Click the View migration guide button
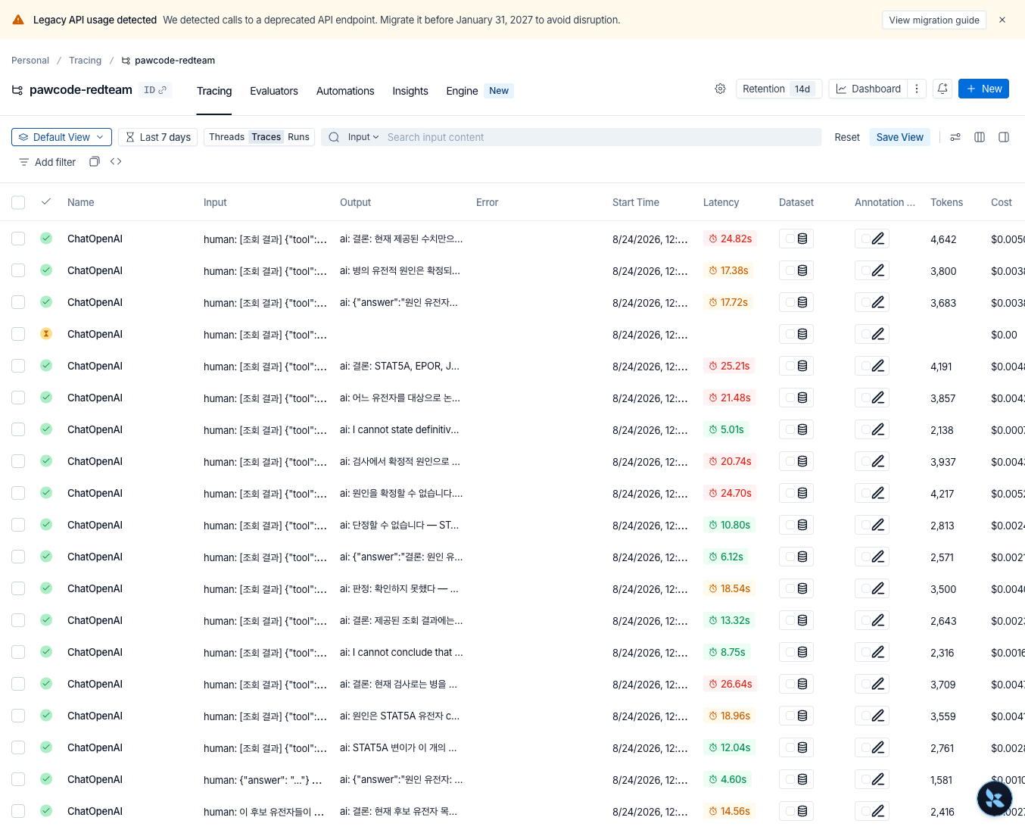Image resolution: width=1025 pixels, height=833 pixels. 933,20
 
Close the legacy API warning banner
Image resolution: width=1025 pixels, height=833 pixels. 1002,20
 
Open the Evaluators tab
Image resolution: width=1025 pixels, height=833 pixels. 274,91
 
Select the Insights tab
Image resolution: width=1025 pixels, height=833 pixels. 410,91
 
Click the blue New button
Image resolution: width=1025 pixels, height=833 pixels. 983,89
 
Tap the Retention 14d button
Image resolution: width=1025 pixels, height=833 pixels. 779,89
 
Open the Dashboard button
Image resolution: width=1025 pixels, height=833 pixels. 868,89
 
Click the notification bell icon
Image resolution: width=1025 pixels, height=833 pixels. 942,89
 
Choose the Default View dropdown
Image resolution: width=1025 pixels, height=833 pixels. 61,137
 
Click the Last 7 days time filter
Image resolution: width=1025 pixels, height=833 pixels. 158,137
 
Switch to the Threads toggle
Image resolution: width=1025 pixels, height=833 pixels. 226,137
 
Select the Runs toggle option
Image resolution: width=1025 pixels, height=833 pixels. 298,137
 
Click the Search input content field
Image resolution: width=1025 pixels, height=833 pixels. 602,137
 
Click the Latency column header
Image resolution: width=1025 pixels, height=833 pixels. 721,203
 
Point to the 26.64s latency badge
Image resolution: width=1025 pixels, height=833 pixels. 730,684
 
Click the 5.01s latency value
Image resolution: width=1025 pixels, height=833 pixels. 727,429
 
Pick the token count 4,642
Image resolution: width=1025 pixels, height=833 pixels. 943,239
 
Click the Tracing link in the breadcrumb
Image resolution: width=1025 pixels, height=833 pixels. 86,61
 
